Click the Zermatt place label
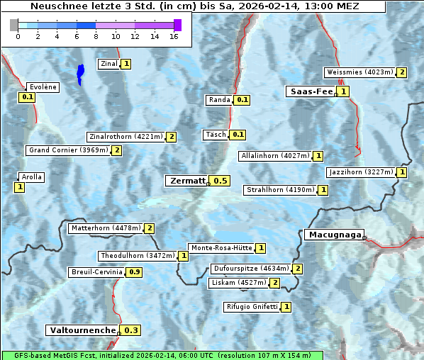coord(186,181)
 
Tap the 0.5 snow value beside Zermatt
coord(221,181)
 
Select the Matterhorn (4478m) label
coord(106,228)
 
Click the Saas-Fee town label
coord(311,91)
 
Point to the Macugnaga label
coord(334,235)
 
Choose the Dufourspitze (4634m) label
coord(251,269)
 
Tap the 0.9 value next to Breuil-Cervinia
coord(134,272)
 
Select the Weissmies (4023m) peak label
coord(359,72)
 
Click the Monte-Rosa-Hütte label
coord(221,248)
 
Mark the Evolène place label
coord(42,87)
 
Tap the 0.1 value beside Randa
coord(242,100)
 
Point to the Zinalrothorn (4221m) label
coord(125,137)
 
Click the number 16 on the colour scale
coord(174,36)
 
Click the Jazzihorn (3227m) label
coord(361,172)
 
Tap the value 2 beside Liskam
coord(274,283)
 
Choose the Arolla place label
coord(32,177)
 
